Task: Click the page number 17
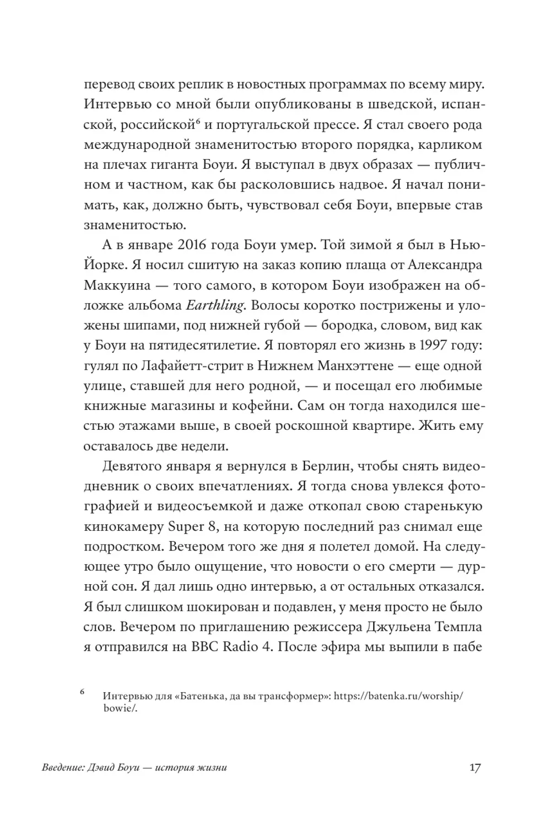[x=475, y=767]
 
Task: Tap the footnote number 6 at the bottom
[x=82, y=691]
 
